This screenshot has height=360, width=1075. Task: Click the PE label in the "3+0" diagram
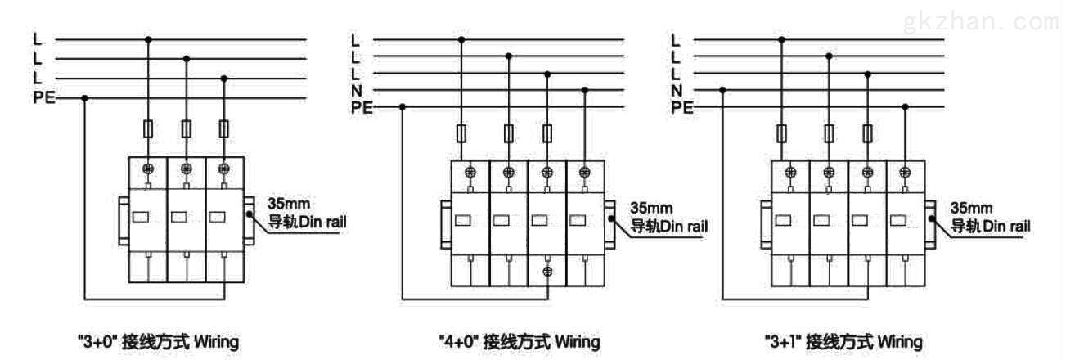[x=43, y=98]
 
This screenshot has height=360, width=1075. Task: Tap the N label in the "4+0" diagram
[x=356, y=90]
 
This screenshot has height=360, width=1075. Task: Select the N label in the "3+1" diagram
[x=676, y=90]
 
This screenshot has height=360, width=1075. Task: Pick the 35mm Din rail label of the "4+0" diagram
[x=669, y=216]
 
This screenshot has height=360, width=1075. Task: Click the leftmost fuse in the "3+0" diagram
[x=148, y=128]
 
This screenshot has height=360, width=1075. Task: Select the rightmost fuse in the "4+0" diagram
[x=547, y=133]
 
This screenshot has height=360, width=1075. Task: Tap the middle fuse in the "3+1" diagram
[x=829, y=133]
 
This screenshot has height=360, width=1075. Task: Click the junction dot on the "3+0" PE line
[x=85, y=98]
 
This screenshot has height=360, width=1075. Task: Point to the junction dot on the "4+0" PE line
[x=402, y=106]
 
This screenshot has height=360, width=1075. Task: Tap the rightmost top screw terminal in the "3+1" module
[x=905, y=172]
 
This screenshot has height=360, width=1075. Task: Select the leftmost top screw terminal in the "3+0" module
[x=148, y=168]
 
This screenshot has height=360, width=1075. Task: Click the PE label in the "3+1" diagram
[x=681, y=107]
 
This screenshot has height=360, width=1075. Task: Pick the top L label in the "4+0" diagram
[x=356, y=39]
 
